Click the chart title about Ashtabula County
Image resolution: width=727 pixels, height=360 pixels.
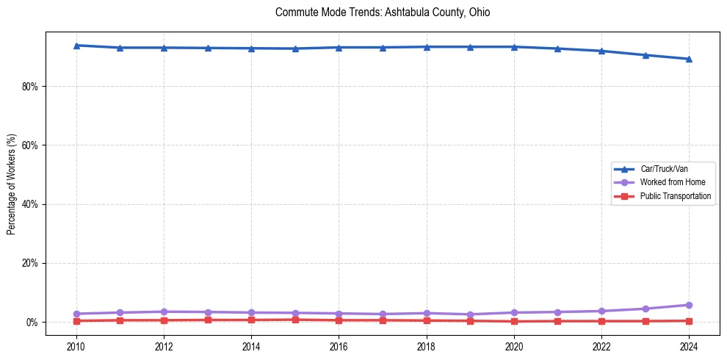point(383,12)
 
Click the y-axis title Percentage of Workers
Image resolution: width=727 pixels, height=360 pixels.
point(12,184)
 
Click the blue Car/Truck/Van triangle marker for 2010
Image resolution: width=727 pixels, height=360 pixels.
point(76,46)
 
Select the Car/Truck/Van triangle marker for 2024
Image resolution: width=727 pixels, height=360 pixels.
point(689,59)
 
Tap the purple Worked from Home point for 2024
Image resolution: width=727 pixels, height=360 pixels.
point(689,305)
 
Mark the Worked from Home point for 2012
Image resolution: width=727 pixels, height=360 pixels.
point(164,312)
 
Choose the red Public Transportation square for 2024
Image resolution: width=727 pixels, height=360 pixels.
point(689,320)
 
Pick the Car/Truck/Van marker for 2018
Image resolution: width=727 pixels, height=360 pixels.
point(426,47)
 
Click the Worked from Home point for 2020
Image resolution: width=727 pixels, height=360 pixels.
point(514,313)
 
